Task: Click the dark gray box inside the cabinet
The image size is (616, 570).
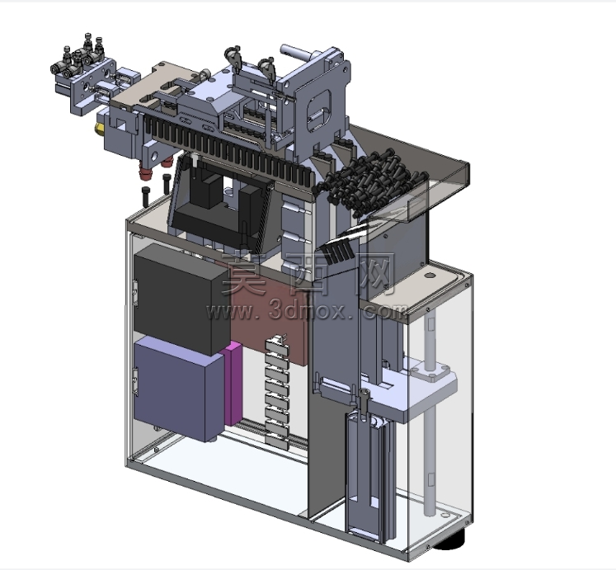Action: [181, 299]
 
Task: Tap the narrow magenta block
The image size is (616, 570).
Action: [233, 384]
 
